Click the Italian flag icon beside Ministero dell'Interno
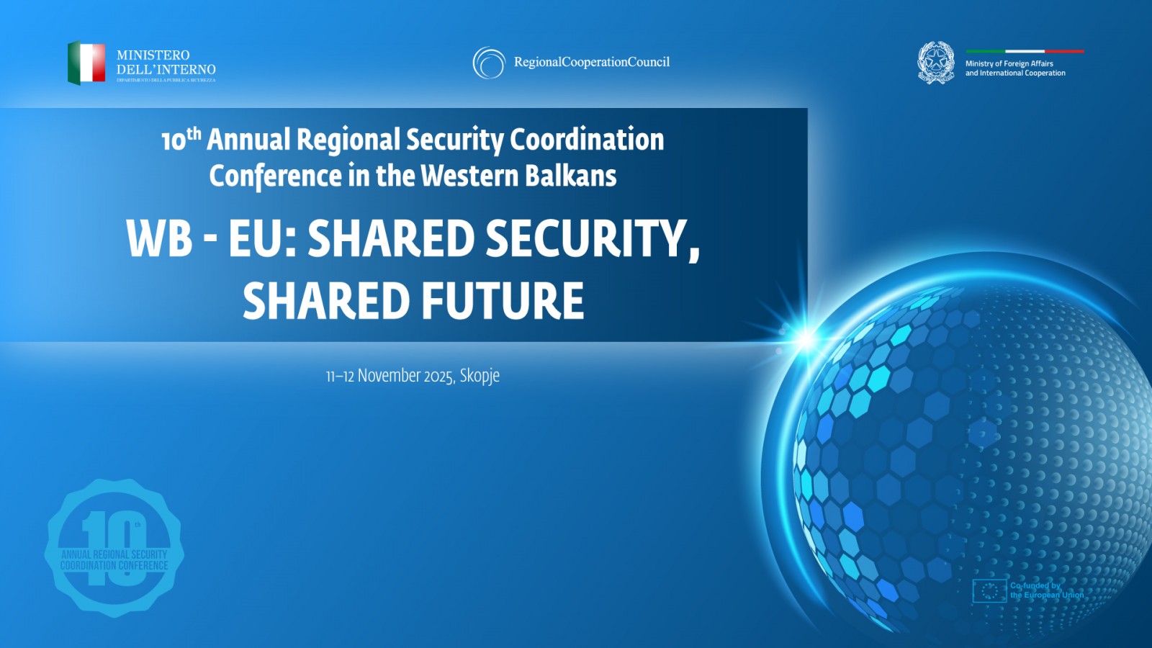point(86,63)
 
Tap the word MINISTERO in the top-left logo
point(153,55)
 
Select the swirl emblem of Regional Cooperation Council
point(489,63)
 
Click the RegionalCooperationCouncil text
point(591,62)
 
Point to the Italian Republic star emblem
point(936,62)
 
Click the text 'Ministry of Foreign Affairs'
point(1009,63)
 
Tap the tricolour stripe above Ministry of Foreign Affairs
point(1025,51)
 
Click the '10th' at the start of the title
point(181,139)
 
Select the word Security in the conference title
point(454,140)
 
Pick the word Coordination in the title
point(587,140)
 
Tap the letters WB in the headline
point(159,238)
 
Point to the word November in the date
point(389,376)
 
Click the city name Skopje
point(480,376)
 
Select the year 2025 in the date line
point(438,376)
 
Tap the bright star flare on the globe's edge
point(804,337)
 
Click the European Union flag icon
point(989,590)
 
